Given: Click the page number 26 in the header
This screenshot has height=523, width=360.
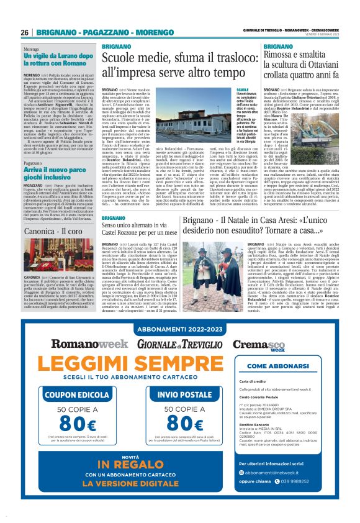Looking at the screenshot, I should [25, 32].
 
